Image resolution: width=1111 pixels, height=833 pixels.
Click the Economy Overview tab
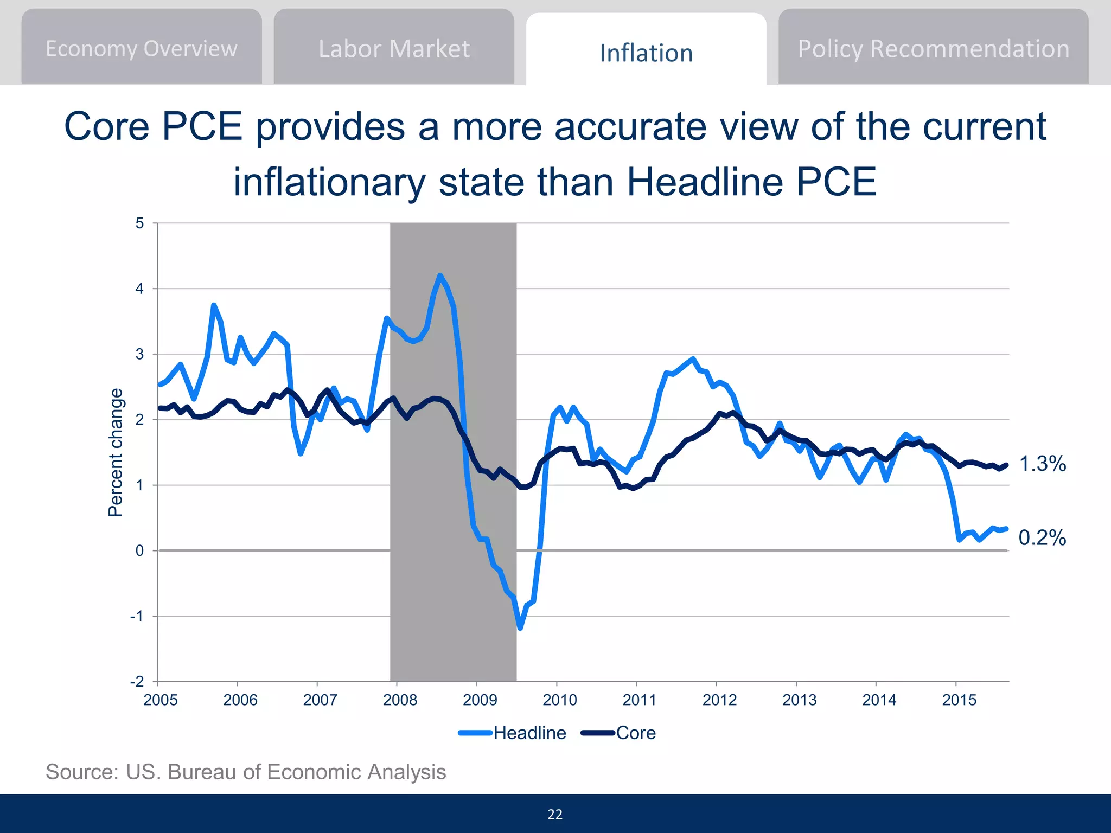pos(141,49)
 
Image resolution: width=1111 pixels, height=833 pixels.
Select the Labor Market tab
pos(394,49)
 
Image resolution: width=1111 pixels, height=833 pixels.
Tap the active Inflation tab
pos(646,53)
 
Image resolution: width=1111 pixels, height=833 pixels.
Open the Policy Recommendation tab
pos(933,49)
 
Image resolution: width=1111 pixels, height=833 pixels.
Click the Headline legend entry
pos(529,733)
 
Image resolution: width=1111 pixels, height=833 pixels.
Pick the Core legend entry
pos(635,733)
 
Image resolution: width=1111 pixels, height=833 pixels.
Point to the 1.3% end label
pos(1042,464)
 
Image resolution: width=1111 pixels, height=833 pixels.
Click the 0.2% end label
pos(1042,538)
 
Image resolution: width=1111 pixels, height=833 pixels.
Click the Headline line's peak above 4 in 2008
pos(440,275)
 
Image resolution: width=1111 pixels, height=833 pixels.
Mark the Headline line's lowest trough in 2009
pos(520,628)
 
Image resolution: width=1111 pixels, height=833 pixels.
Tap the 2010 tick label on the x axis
pos(559,700)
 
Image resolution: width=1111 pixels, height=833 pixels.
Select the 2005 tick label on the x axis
pos(161,700)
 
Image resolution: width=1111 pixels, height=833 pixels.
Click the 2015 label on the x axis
pos(959,700)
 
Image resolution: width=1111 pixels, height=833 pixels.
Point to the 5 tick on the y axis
pos(140,223)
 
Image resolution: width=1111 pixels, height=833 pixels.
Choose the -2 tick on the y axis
pos(137,682)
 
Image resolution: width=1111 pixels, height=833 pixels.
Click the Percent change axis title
pos(116,452)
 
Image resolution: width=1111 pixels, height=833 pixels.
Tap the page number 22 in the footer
pos(555,815)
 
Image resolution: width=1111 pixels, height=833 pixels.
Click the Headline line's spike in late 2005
pos(214,305)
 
